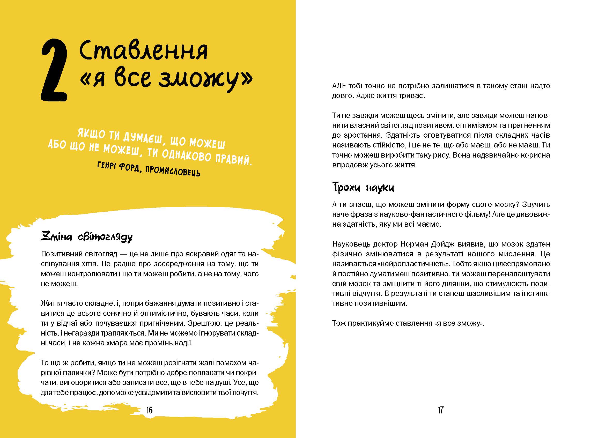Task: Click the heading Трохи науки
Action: (x=363, y=188)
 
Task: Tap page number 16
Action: (x=149, y=410)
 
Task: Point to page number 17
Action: (x=440, y=410)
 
